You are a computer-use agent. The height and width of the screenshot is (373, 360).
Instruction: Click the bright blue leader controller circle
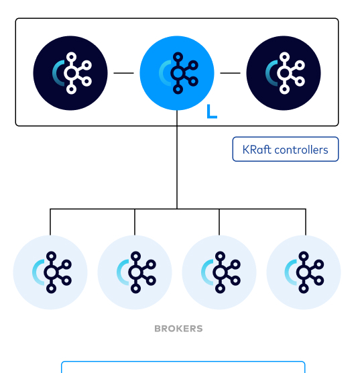click(177, 73)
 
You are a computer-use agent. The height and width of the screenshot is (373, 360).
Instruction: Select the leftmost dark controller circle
click(70, 73)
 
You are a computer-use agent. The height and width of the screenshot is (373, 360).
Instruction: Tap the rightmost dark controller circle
click(284, 73)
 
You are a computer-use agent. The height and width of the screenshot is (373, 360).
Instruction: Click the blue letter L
click(212, 111)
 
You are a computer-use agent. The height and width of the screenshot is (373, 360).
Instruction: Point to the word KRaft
click(257, 150)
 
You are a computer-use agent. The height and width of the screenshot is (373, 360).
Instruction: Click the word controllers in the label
click(301, 150)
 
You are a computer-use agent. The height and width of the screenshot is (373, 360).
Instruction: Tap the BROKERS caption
click(178, 329)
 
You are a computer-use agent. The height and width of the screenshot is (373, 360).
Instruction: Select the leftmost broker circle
click(50, 272)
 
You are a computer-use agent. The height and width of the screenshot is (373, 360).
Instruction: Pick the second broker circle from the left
click(135, 272)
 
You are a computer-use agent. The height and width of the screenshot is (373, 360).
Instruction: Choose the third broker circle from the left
click(219, 272)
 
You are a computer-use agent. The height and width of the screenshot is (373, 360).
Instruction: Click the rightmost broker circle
click(304, 272)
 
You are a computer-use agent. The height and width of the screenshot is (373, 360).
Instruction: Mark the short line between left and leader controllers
click(123, 73)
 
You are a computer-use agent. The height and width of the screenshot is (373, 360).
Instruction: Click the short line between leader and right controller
click(230, 73)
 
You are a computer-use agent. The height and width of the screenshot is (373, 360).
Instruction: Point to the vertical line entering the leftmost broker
click(50, 222)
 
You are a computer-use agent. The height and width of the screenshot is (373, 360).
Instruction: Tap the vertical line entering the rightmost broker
click(306, 222)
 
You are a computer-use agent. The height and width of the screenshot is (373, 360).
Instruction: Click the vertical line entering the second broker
click(135, 222)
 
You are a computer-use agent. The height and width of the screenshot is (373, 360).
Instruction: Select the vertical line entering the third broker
click(219, 222)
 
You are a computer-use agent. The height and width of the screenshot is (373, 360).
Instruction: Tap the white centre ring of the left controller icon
click(71, 73)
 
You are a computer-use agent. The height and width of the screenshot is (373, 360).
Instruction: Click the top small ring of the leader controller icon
click(178, 57)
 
